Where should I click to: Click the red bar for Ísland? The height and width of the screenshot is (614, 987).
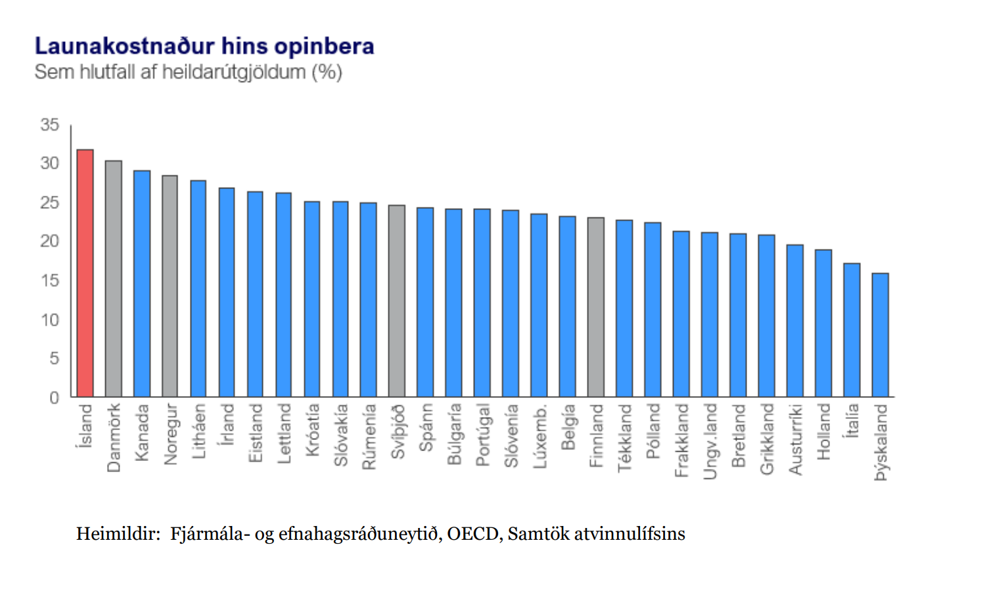click(85, 273)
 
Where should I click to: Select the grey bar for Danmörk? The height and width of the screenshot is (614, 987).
click(114, 278)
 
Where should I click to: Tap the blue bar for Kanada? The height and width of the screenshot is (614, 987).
click(142, 284)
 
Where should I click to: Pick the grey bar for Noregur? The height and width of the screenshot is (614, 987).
click(170, 286)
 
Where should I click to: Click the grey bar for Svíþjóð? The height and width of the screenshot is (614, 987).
click(397, 301)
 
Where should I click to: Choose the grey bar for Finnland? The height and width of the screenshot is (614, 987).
click(596, 307)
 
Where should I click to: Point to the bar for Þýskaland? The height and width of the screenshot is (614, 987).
click(880, 335)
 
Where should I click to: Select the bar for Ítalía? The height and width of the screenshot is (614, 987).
click(852, 330)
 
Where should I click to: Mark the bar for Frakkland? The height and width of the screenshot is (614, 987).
click(681, 314)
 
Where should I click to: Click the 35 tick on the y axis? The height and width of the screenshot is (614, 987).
click(50, 125)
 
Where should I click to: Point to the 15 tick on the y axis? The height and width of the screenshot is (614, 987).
click(50, 281)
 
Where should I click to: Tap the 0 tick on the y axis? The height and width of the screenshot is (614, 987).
click(55, 398)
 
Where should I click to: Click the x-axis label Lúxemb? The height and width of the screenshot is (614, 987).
click(539, 437)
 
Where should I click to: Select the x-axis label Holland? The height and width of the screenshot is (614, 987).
click(823, 431)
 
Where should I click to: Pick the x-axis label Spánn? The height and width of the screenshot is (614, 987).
click(426, 428)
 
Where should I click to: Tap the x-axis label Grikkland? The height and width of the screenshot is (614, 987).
click(767, 439)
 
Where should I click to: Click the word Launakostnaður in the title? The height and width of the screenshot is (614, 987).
click(124, 47)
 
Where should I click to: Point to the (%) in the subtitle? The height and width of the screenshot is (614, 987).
click(327, 72)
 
